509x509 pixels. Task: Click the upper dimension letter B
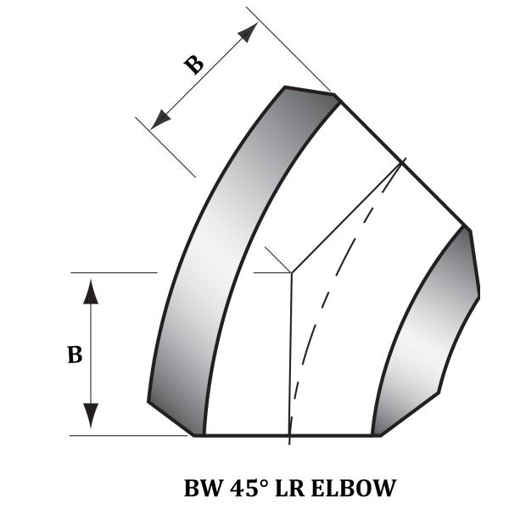[x=195, y=64]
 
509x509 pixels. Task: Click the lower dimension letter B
[x=75, y=355]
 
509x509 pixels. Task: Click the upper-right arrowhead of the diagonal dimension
[x=248, y=32]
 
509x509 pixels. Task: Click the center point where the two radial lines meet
[x=291, y=272]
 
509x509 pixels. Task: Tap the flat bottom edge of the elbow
[x=288, y=435]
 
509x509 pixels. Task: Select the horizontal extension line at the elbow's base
[x=127, y=435]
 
